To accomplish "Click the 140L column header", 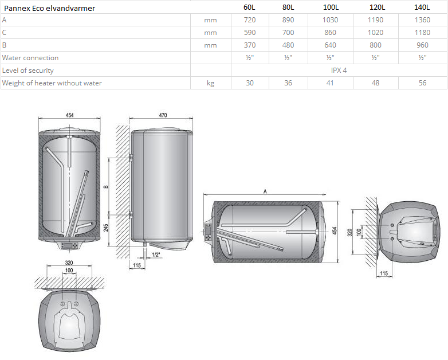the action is pos(422,7).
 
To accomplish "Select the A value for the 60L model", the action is pos(250,20).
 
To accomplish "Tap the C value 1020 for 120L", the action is pos(375,33).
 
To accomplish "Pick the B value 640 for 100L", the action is pos(330,45).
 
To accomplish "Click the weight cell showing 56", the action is pos(422,83).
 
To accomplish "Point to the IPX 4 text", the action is pos(339,71).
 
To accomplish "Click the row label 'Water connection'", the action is pos(30,58).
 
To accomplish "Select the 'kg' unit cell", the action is pos(211,83).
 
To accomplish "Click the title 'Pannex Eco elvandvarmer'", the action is pos(49,8).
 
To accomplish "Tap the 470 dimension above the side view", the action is pos(163,115).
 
